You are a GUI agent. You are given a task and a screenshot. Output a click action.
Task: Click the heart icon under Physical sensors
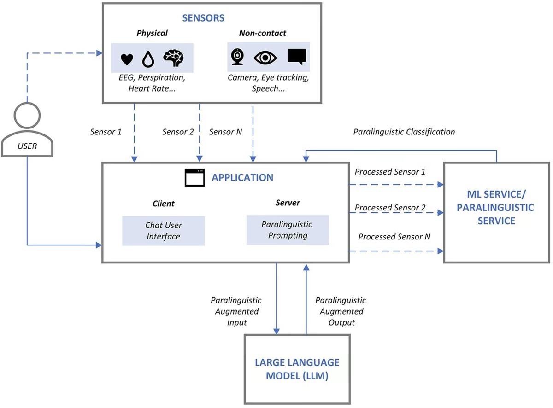tap(127, 59)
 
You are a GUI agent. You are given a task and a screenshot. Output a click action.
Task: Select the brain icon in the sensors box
tap(173, 58)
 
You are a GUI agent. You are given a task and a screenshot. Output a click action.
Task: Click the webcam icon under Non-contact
tap(237, 57)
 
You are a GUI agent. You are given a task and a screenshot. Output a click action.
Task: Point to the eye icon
tap(265, 58)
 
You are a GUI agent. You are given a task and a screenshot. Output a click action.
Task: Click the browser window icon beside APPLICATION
tap(194, 178)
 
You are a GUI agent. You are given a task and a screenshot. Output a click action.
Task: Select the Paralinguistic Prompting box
tap(287, 230)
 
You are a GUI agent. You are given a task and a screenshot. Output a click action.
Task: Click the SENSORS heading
tap(204, 18)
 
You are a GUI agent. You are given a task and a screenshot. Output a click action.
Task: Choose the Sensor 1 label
tap(106, 132)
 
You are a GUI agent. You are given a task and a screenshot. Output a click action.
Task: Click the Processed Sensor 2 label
tap(390, 207)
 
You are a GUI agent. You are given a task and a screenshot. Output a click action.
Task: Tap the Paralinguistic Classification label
tap(404, 132)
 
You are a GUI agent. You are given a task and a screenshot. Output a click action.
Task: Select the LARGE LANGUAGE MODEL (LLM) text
tap(297, 369)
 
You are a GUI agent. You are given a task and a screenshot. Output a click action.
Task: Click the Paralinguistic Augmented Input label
tap(235, 311)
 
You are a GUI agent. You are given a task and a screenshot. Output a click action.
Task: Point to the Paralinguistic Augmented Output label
tap(341, 311)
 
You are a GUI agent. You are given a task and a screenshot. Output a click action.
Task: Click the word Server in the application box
tap(288, 203)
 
